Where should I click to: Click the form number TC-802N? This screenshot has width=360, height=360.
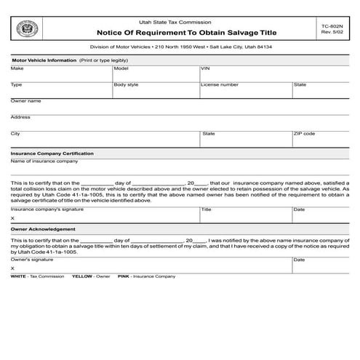point(331,25)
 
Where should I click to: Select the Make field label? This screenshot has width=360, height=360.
point(17,68)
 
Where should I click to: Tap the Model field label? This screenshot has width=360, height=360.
point(121,68)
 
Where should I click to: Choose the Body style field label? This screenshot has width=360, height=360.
point(126,85)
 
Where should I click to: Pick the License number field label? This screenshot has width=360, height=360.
point(220,85)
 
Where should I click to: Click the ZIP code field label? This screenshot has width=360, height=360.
point(304,134)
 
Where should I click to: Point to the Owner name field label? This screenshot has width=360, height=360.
point(25,101)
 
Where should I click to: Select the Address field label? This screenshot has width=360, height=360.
point(20,117)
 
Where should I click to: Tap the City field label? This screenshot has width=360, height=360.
point(15,134)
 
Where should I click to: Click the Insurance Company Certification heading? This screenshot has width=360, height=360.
point(52,154)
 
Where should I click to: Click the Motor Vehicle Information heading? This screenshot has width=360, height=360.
point(44,60)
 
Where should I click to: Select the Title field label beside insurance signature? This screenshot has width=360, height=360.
point(206,209)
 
